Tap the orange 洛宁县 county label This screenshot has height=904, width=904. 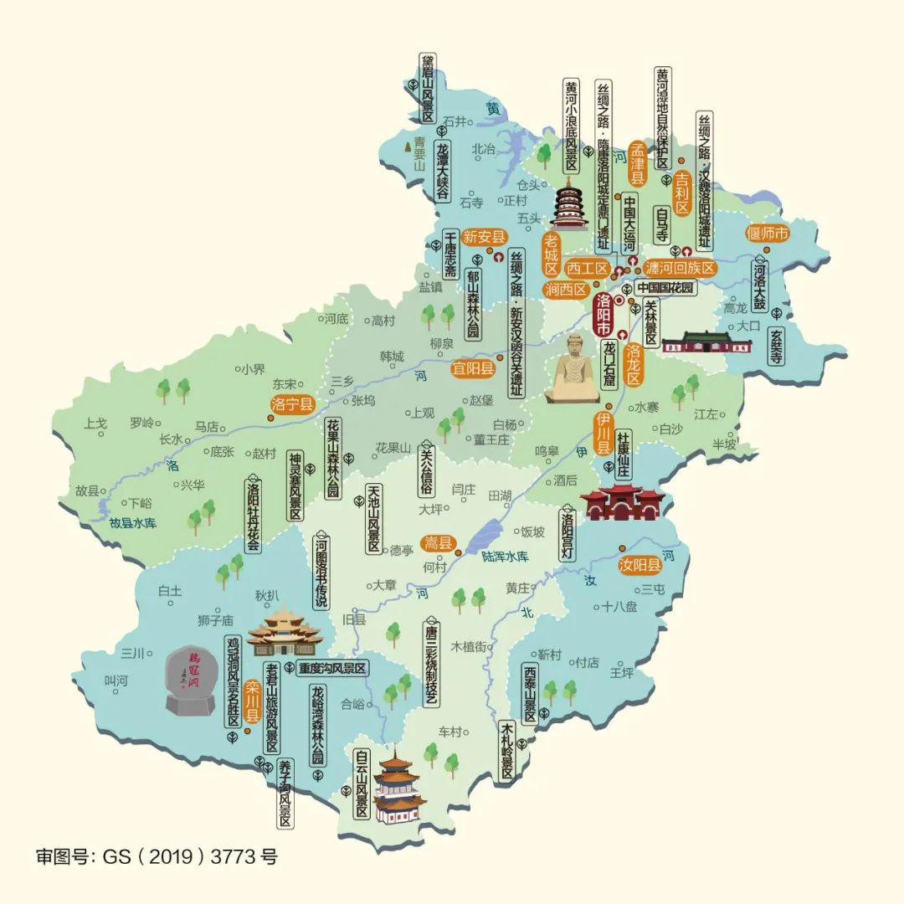pos(293,404)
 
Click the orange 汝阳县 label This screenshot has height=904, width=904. pos(640,565)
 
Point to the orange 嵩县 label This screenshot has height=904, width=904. pos(437,543)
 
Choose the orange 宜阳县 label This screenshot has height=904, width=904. pos(473,367)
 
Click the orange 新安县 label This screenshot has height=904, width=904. pos(485,237)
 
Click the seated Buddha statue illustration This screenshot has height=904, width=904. pos(573,368)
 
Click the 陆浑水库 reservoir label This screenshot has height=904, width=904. pos(506,556)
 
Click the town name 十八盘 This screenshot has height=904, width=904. pos(619,608)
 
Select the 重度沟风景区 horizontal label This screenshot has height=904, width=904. pos(332,669)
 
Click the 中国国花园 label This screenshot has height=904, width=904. pos(665,287)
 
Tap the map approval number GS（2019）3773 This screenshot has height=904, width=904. pos(157,856)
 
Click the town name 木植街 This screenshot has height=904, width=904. pos(469,646)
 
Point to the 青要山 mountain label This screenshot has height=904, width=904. pos(419,153)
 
